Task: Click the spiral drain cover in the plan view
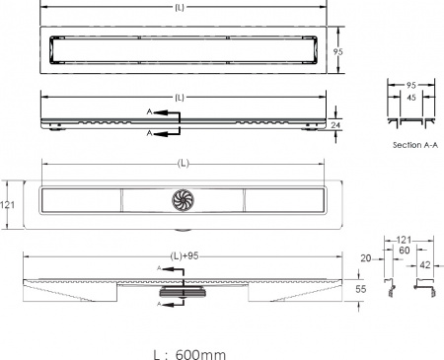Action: tap(183, 200)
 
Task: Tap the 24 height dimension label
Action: tap(335, 125)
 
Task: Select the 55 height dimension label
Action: tap(361, 289)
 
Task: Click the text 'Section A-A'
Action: tap(415, 145)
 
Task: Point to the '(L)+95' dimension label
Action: tap(185, 256)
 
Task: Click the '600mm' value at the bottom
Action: tap(200, 355)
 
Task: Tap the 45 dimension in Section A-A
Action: tap(411, 98)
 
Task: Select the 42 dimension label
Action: tap(425, 265)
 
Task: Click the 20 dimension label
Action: tap(366, 258)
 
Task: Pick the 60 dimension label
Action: tap(405, 251)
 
